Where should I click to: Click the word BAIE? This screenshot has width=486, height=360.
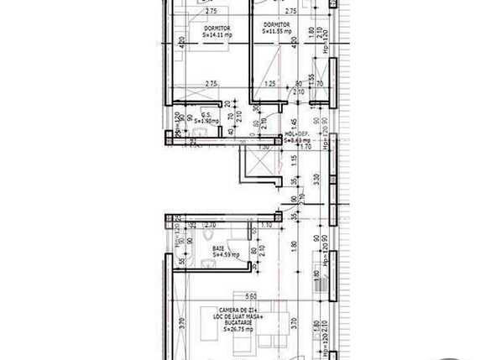(x=217, y=249)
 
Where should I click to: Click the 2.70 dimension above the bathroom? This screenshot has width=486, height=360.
(x=212, y=226)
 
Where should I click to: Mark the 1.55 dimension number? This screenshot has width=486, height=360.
(x=311, y=78)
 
